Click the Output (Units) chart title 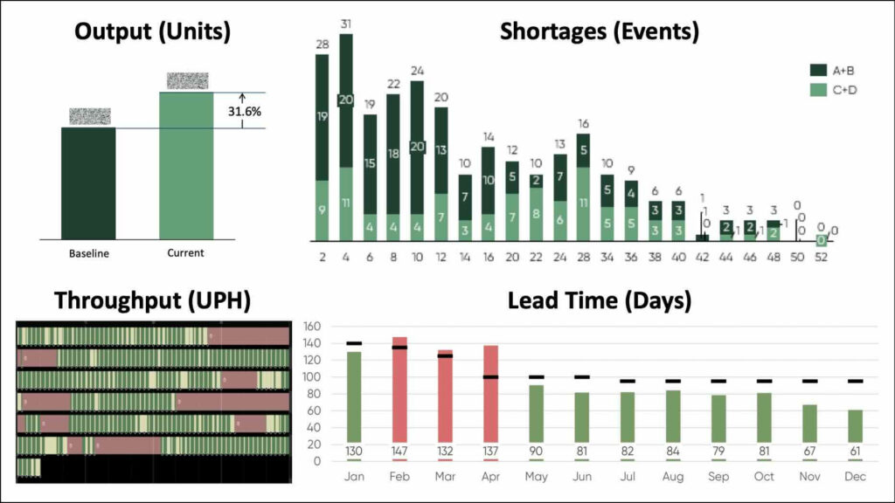152,31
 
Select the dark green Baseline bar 88,183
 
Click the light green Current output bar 186,165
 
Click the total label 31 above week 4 346,24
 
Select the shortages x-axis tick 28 583,258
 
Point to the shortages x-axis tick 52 821,258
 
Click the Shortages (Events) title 600,31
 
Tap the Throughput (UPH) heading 152,300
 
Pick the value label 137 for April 490,451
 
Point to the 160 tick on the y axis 312,327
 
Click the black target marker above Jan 354,343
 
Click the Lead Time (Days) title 600,300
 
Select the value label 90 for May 536,451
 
